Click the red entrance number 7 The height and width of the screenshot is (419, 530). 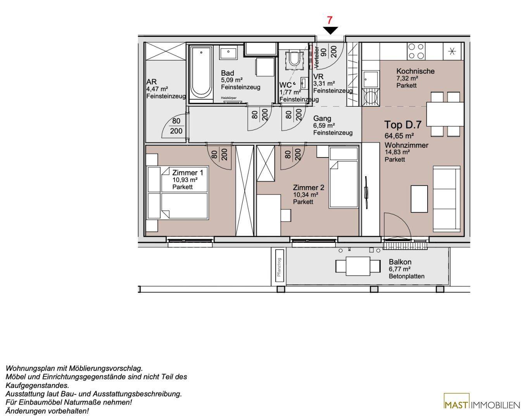(330, 20)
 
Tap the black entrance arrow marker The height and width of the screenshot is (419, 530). (330, 30)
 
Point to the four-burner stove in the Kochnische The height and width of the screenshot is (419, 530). (416, 51)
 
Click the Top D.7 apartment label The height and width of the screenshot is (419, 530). (403, 125)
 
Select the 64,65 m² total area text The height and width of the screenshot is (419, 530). (399, 135)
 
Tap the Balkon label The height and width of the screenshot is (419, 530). (400, 262)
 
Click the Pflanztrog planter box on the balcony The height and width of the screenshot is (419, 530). (279, 267)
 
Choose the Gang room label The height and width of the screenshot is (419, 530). (322, 118)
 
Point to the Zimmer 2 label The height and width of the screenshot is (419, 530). (308, 187)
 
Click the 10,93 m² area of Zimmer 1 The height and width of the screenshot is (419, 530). (185, 180)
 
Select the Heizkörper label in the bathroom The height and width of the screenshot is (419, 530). (228, 98)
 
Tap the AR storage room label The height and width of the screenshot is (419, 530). (152, 81)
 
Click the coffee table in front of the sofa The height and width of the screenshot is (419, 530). (419, 199)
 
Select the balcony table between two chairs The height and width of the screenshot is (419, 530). (358, 266)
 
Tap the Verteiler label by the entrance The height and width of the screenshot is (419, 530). (317, 57)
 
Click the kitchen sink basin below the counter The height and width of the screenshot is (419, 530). (371, 80)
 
